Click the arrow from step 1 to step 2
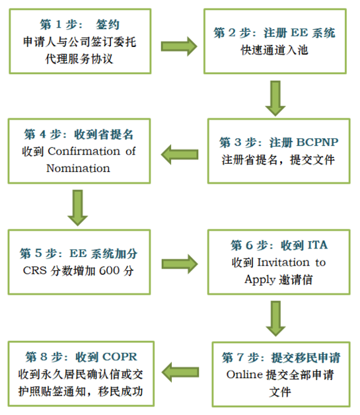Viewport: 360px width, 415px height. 179,46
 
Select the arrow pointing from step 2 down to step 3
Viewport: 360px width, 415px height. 275,98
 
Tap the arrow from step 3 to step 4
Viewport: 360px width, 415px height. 180,155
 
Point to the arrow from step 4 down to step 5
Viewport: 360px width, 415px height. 77,207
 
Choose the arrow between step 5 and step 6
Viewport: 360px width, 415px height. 180,264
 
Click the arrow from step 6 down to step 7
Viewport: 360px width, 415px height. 275,319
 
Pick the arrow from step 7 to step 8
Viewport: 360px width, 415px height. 180,372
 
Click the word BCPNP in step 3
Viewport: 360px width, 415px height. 317,142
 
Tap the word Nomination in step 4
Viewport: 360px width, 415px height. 78,169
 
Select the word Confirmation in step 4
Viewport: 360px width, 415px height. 84,151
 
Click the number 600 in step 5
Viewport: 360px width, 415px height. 109,271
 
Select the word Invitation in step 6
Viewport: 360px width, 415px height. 283,262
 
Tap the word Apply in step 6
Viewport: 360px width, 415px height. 260,280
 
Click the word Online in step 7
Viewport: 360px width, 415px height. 244,375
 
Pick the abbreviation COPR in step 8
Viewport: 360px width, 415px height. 120,357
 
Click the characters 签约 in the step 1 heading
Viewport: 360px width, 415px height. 108,24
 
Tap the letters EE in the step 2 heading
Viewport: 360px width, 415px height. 299,33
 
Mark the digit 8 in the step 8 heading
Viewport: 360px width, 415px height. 44,357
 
